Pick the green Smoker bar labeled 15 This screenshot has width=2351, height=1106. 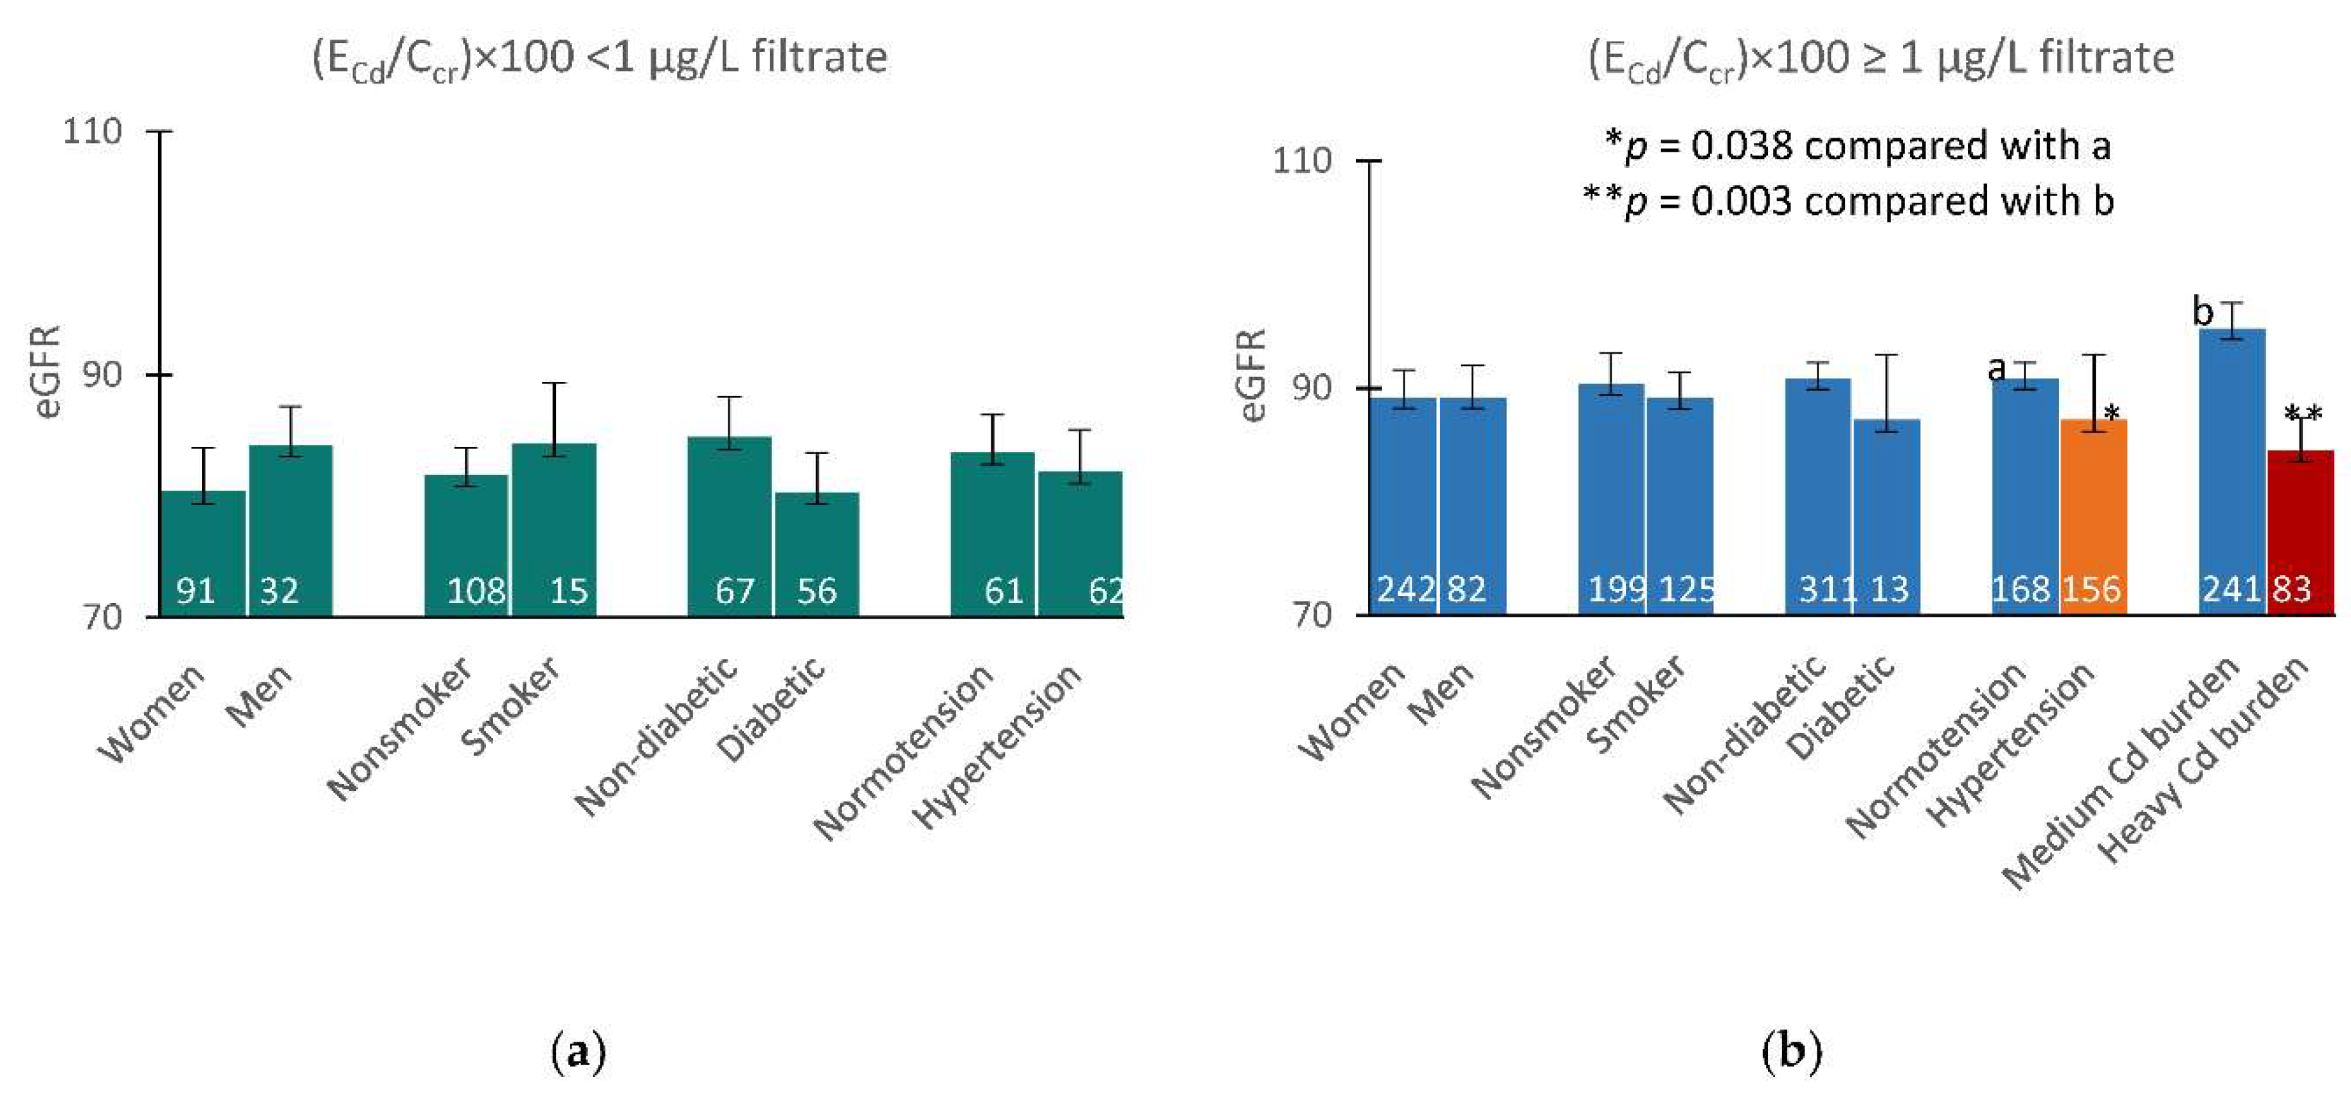[x=554, y=529]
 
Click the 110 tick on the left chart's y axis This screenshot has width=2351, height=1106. [x=91, y=131]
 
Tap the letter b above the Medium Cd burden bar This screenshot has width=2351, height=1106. [x=2202, y=312]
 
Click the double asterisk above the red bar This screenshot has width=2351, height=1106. [x=2303, y=414]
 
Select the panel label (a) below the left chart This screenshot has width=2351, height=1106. [x=579, y=1051]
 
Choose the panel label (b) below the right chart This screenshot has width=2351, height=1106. [x=1790, y=1051]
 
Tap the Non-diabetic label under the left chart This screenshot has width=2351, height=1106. [x=655, y=736]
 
